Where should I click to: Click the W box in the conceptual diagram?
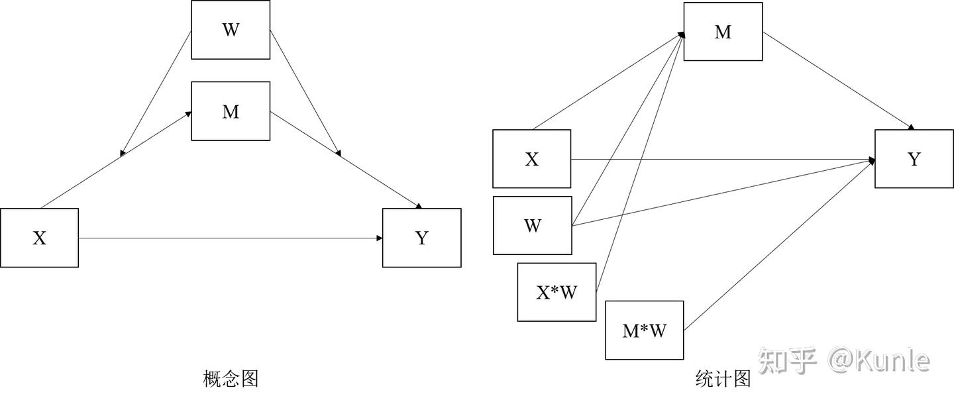coord(231,30)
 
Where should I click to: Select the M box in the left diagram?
coord(231,111)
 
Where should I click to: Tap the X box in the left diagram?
coord(39,238)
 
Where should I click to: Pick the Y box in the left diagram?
coord(421,238)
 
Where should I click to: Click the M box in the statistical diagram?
coord(723,32)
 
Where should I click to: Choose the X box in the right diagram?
coord(531,159)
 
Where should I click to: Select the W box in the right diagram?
coord(532,225)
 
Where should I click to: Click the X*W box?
coord(556,292)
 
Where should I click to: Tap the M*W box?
coord(644,330)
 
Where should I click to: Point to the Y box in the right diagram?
coord(914,159)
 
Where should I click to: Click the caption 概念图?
coord(230,379)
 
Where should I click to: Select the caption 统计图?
coord(723,379)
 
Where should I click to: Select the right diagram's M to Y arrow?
coord(838,79)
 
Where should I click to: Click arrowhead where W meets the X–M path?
coord(123,153)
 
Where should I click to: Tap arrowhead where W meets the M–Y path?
coord(338,153)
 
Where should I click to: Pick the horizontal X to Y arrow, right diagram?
coord(722,159)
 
